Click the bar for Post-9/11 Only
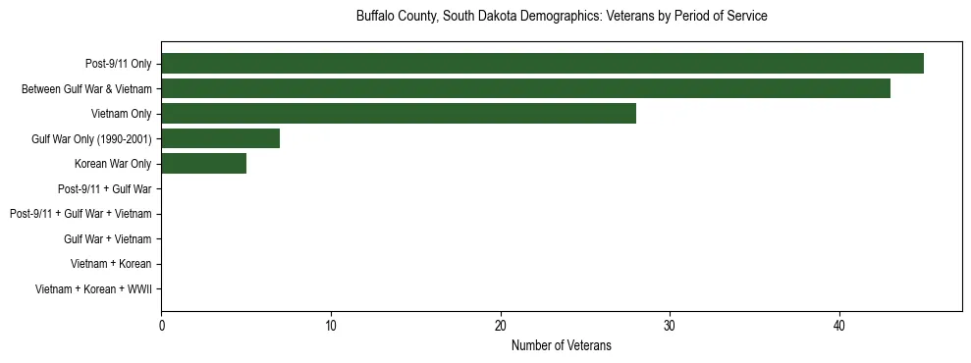pyautogui.click(x=542, y=64)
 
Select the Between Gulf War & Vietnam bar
pyautogui.click(x=525, y=88)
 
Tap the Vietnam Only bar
pyautogui.click(x=399, y=114)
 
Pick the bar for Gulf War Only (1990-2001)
pyautogui.click(x=220, y=138)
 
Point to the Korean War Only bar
pyautogui.click(x=203, y=164)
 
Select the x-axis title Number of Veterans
pyautogui.click(x=562, y=345)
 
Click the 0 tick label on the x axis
pyautogui.click(x=161, y=326)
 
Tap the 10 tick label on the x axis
pyautogui.click(x=331, y=326)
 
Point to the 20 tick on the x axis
pyautogui.click(x=501, y=326)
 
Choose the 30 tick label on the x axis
pyautogui.click(x=670, y=326)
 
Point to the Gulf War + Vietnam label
pyautogui.click(x=108, y=239)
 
